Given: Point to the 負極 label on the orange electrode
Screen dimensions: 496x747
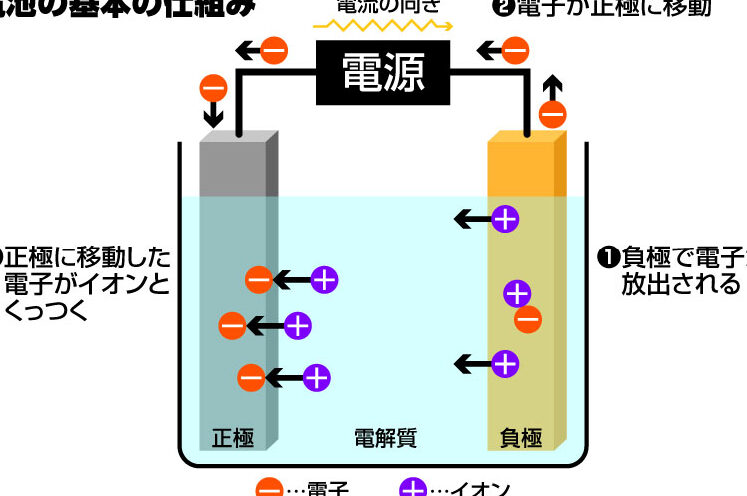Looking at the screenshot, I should click(x=520, y=437).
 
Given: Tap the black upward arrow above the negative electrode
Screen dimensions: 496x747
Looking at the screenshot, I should click(x=552, y=85).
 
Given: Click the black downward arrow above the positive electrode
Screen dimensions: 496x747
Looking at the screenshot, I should click(x=213, y=116).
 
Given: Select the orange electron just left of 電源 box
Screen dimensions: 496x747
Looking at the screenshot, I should click(x=275, y=49).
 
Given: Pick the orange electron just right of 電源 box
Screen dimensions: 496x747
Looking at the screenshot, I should click(x=515, y=49).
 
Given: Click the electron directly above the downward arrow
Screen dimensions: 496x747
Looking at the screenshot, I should click(x=213, y=87).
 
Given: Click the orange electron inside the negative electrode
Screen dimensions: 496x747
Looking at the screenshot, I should click(x=528, y=319).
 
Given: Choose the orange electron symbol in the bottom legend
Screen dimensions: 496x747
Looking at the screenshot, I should click(x=270, y=490).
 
